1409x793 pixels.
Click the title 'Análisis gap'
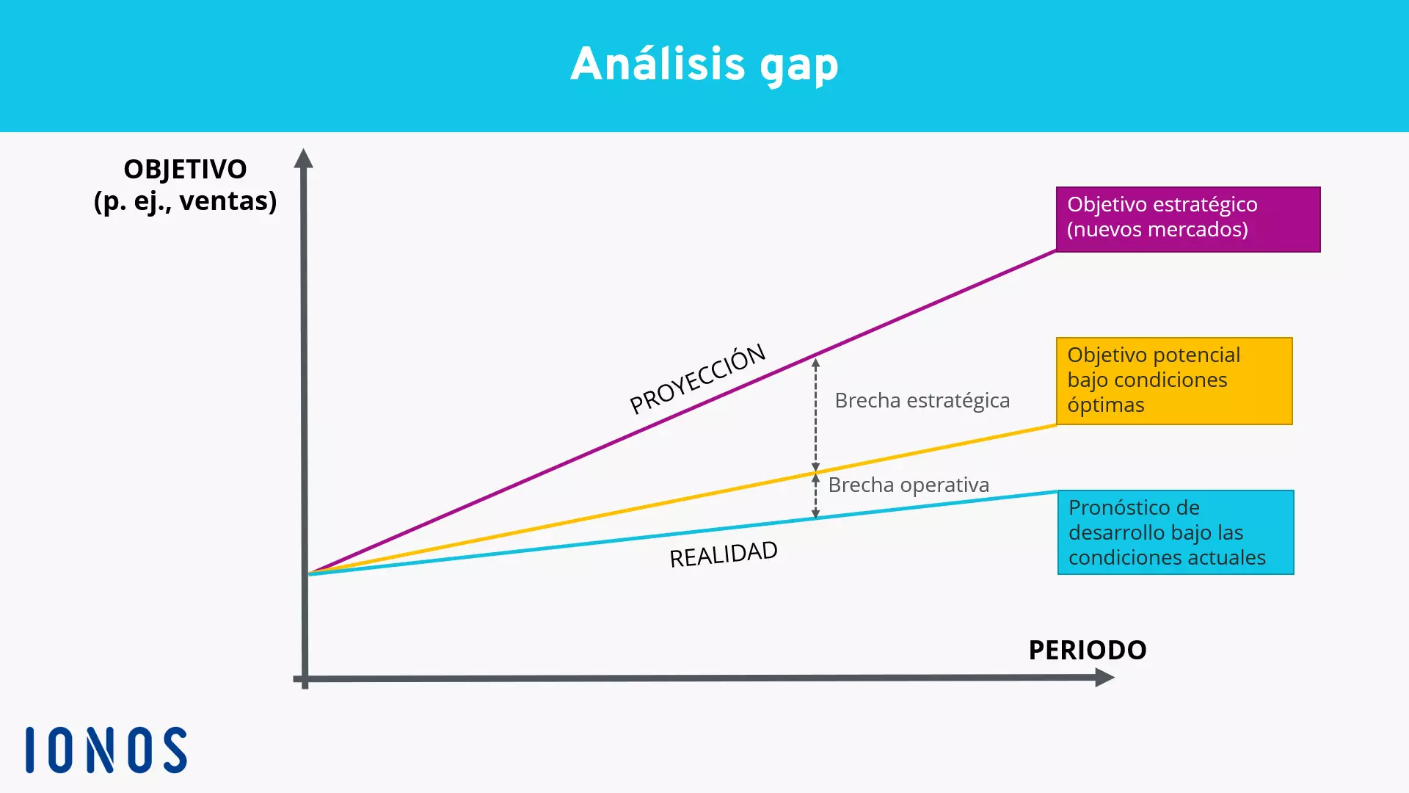tap(704, 65)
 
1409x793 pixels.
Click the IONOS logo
tap(106, 750)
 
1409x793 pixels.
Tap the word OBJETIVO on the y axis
tap(185, 170)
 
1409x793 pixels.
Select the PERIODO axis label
tap(1087, 650)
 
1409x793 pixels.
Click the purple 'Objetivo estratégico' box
tap(1187, 219)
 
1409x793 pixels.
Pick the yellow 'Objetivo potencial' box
tap(1173, 380)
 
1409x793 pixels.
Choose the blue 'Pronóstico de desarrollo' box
tap(1175, 532)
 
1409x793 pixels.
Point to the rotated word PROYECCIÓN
tap(697, 379)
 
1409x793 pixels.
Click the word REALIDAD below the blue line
tap(723, 554)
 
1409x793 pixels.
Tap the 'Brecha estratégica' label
tap(922, 401)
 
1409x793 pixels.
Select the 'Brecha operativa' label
tap(908, 485)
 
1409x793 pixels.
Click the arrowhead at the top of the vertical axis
tap(304, 159)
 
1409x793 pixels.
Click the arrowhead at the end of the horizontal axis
tap(1104, 678)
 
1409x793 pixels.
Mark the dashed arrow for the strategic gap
tap(815, 415)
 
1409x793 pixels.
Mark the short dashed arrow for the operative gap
tap(815, 496)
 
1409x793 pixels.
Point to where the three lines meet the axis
tap(309, 573)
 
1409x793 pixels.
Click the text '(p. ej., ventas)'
tap(185, 201)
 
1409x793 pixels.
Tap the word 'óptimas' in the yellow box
tap(1105, 405)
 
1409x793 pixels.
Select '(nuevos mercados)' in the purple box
tap(1157, 230)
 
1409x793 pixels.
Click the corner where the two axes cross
tap(305, 679)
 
